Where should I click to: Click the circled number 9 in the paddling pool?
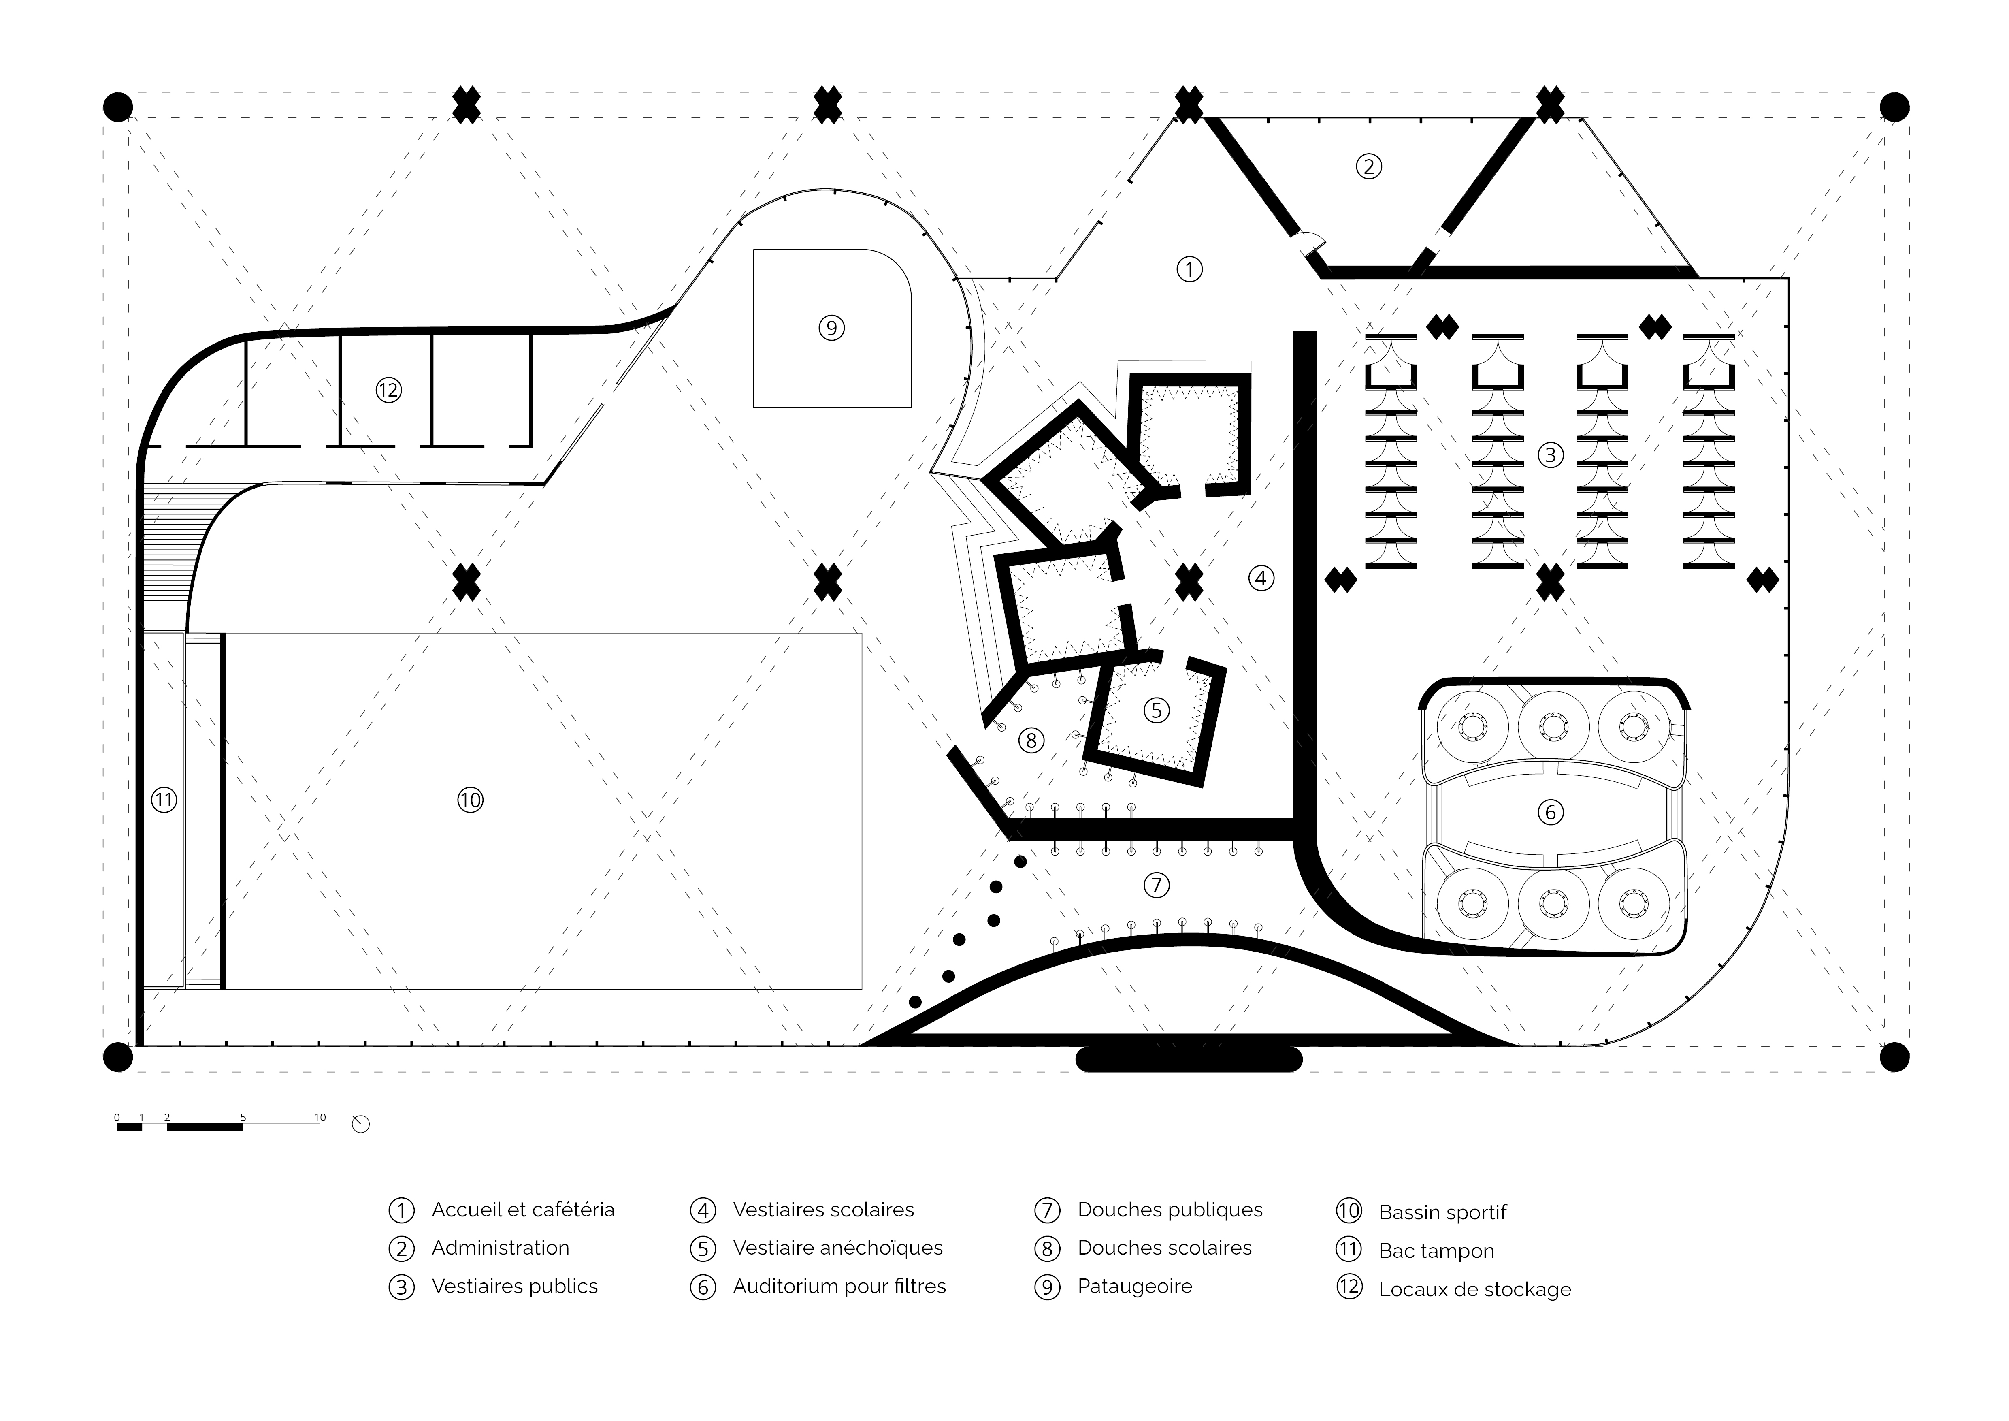(x=831, y=328)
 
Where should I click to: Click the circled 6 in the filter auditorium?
(x=1551, y=812)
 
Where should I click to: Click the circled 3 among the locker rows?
(x=1551, y=454)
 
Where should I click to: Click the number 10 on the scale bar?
(x=320, y=1117)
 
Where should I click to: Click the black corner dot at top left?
(x=118, y=107)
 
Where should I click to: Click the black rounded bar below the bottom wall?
(x=1188, y=1060)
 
